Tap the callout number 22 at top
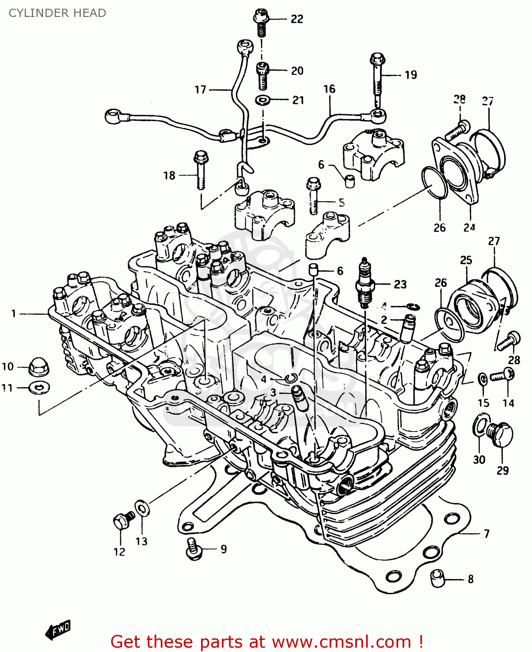[x=297, y=19]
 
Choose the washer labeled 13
[x=142, y=508]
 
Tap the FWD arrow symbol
[x=57, y=630]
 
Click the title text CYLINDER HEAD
[x=57, y=13]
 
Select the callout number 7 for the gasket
[x=486, y=533]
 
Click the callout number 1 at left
[x=13, y=313]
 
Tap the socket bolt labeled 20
[x=262, y=74]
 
